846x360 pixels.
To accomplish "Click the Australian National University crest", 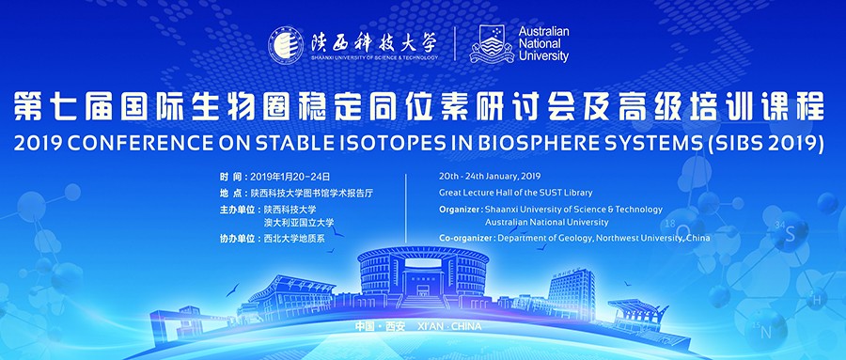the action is [x=492, y=44].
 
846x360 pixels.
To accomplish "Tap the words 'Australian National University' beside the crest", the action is [x=544, y=44].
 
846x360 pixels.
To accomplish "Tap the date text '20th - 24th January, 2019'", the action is [x=490, y=176].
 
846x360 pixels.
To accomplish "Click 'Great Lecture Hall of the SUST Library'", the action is [x=516, y=193].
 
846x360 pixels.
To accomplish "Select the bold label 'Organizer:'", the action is [x=461, y=210].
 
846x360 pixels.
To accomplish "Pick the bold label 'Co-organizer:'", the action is [x=466, y=238].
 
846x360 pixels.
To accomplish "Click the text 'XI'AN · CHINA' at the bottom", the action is [x=449, y=326].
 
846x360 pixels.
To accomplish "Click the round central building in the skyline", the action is [x=423, y=274].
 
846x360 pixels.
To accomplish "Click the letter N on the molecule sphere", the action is [x=765, y=333].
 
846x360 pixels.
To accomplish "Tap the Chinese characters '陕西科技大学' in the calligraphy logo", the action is [x=373, y=42].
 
